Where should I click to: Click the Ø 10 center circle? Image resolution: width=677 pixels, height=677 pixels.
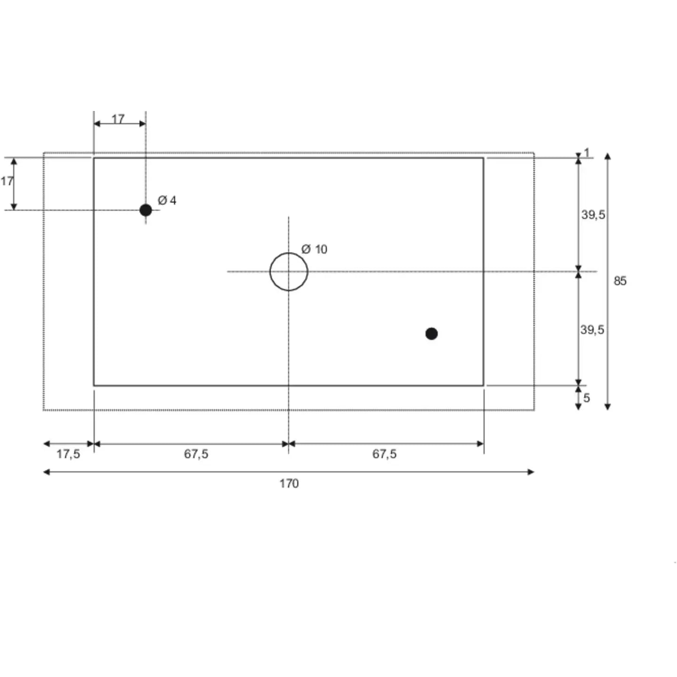(289, 272)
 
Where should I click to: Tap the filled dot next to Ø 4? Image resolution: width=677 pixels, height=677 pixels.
(146, 210)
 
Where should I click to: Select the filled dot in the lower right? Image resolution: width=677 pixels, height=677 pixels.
(432, 334)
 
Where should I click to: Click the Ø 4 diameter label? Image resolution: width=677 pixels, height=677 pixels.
(167, 201)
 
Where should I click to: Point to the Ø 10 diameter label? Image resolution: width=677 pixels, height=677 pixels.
(314, 249)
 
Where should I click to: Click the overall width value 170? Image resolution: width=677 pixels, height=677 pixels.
(289, 483)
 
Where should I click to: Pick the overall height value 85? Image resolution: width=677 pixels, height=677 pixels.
(620, 281)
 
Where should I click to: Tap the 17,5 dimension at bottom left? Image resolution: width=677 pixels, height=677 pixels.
(68, 454)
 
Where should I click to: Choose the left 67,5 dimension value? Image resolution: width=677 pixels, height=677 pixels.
(196, 454)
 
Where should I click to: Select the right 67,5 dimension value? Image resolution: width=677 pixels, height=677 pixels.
(385, 454)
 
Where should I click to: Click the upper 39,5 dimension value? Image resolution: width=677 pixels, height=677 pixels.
(593, 215)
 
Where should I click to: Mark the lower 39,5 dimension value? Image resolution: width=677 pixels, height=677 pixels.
(592, 330)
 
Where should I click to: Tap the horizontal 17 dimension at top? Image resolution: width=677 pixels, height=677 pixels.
(118, 119)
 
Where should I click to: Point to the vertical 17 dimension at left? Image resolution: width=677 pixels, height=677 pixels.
(7, 181)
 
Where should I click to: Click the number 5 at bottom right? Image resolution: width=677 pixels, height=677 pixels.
(587, 398)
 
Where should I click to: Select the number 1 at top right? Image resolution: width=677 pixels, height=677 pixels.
(587, 152)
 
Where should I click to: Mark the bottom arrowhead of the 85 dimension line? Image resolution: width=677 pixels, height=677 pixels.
(608, 407)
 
